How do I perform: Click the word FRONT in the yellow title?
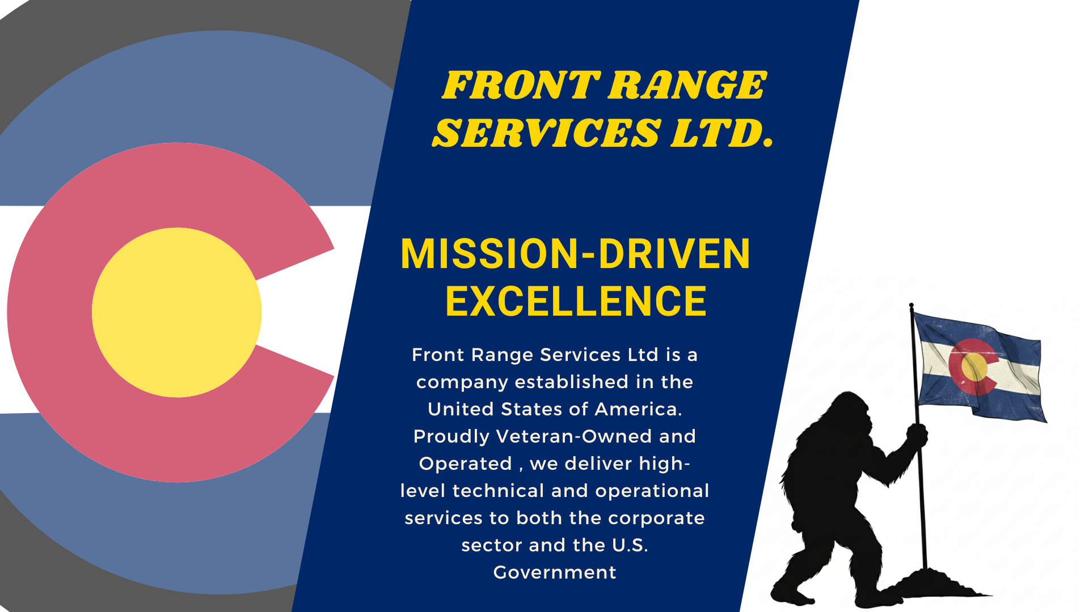coord(521,86)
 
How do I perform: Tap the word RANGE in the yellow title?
coord(687,86)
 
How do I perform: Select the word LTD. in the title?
coord(723,133)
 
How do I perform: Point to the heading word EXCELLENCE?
coord(576,301)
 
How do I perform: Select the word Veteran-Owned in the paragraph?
coord(574,436)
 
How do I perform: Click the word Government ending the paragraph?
coord(555,572)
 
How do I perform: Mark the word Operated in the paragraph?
coord(466,464)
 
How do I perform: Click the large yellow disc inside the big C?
coord(177,312)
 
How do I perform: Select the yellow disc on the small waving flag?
coord(974,367)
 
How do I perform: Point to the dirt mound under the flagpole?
coord(930,584)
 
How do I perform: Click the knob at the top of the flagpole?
coord(911,306)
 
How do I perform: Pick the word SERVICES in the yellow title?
coord(547,133)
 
